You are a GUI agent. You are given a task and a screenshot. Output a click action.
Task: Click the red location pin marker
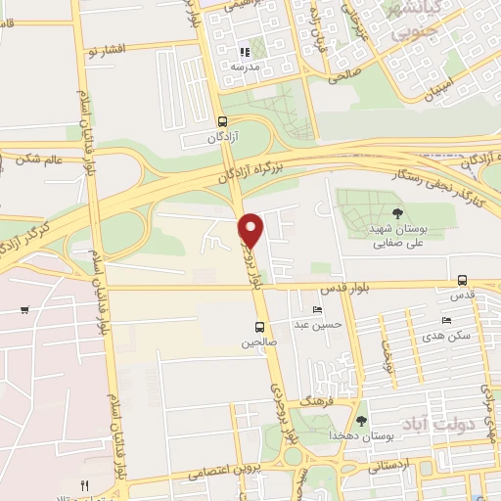pos(251,229)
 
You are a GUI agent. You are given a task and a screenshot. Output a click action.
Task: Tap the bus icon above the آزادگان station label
pos(224,122)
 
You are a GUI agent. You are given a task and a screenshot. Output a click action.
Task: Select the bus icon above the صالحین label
pos(259,327)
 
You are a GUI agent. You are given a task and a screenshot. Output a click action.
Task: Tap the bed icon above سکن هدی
pos(446,320)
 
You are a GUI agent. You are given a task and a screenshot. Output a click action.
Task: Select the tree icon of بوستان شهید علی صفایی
pos(396,212)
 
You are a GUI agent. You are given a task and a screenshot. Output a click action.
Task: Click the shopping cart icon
pos(23,310)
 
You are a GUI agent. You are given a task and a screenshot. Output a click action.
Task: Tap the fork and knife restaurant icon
pos(85,484)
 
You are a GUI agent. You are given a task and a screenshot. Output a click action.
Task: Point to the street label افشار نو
pos(107,49)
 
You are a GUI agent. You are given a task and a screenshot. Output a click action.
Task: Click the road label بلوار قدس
pos(342,290)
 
